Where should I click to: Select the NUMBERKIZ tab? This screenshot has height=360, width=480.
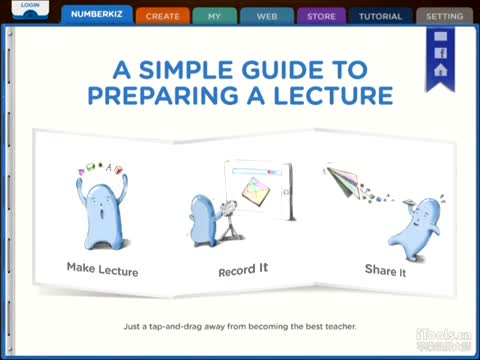[x=96, y=15]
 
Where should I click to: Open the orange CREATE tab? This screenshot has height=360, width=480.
[x=162, y=16]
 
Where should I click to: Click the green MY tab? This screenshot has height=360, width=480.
[x=214, y=16]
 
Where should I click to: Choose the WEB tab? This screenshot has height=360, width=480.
[x=267, y=16]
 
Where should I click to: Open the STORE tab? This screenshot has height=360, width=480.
[x=321, y=16]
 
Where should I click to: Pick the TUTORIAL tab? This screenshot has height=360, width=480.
[x=380, y=16]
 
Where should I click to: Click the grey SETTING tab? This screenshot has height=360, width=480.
[x=444, y=16]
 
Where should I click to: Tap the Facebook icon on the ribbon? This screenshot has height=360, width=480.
[x=440, y=53]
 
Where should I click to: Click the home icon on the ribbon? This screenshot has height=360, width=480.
[x=440, y=71]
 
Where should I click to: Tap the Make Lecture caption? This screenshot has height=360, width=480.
[x=102, y=269]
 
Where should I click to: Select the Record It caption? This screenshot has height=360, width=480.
[x=243, y=271]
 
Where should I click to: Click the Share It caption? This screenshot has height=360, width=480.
[x=385, y=269]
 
